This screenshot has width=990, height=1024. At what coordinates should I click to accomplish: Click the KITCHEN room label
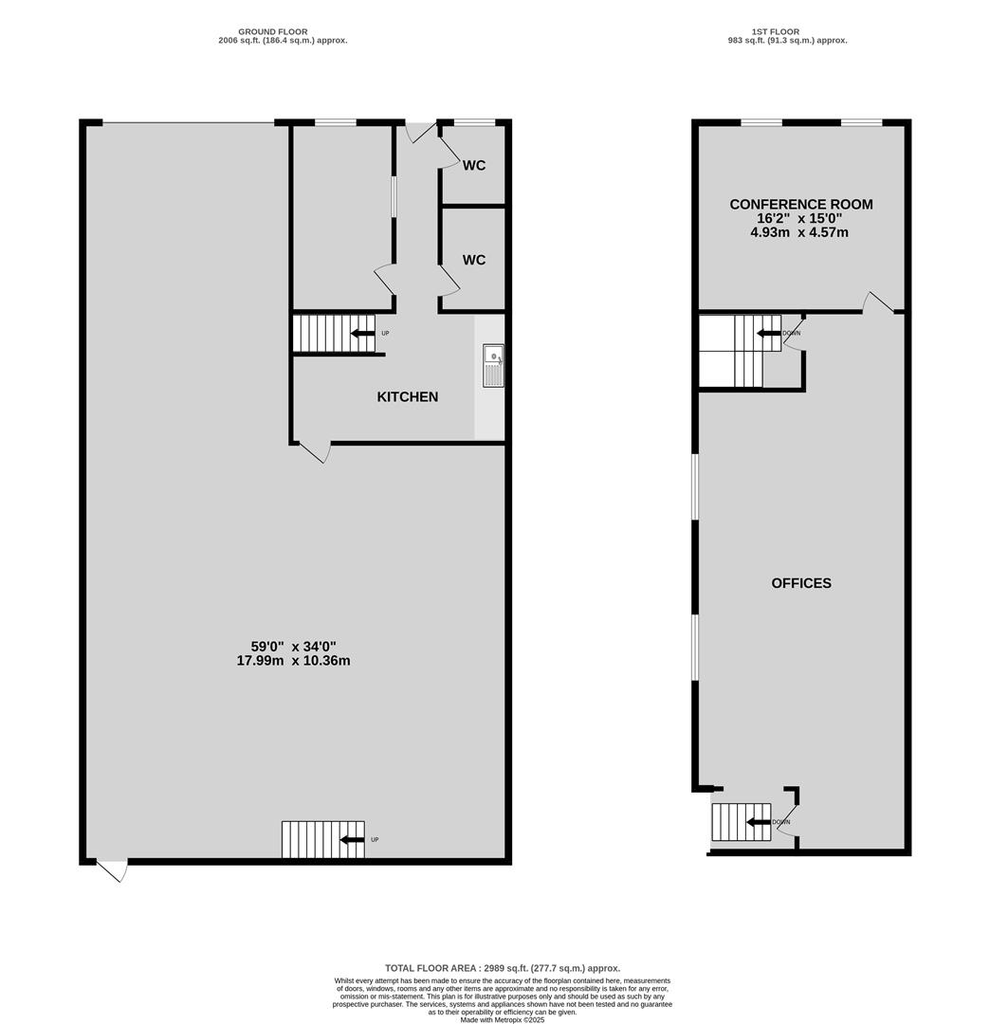(x=408, y=396)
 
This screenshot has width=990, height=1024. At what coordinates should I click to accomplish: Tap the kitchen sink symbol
(x=493, y=366)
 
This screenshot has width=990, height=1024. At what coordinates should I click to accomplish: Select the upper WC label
(x=474, y=165)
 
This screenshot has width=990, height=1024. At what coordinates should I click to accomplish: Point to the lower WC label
(x=474, y=260)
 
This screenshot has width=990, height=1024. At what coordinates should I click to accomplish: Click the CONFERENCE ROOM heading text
(x=801, y=205)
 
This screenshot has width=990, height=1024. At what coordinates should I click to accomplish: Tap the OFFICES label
(x=801, y=583)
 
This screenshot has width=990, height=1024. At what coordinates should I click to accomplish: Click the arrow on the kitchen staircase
(x=362, y=333)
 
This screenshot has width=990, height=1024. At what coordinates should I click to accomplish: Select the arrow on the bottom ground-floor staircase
(x=353, y=840)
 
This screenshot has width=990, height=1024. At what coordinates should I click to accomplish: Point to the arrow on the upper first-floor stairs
(x=769, y=333)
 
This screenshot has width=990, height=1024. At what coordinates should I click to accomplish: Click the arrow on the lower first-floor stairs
(x=759, y=822)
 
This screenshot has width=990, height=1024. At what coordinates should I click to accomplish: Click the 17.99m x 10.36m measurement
(x=293, y=661)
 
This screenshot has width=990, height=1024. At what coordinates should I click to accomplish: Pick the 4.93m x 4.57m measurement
(x=799, y=232)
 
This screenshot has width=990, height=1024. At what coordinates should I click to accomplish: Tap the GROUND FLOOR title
(x=272, y=31)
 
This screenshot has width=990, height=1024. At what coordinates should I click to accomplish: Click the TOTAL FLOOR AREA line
(x=503, y=968)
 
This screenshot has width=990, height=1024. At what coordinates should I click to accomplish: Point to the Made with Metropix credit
(x=503, y=1019)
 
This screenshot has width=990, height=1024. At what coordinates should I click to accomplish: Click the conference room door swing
(x=878, y=302)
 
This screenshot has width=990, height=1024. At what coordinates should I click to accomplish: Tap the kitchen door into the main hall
(x=315, y=453)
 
